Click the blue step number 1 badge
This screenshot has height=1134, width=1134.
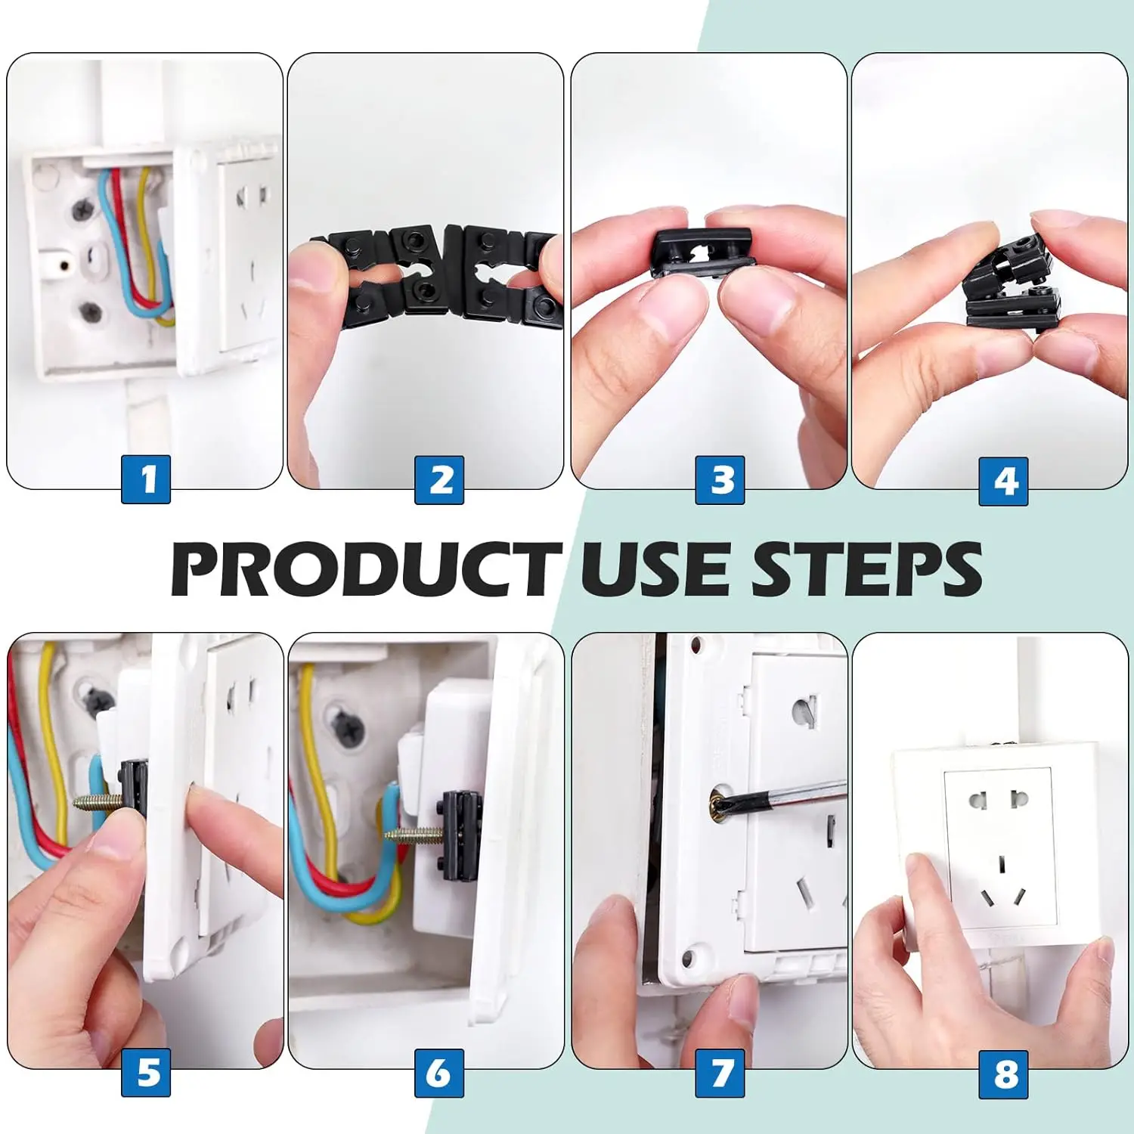146,479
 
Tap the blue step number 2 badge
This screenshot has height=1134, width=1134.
439,479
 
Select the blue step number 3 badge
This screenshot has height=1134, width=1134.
720,479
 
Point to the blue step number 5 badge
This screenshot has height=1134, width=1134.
146,1073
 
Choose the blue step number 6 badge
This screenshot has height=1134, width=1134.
439,1073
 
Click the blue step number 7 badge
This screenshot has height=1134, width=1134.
720,1073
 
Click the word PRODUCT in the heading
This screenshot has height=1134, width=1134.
367,569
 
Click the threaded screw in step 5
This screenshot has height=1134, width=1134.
99,802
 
